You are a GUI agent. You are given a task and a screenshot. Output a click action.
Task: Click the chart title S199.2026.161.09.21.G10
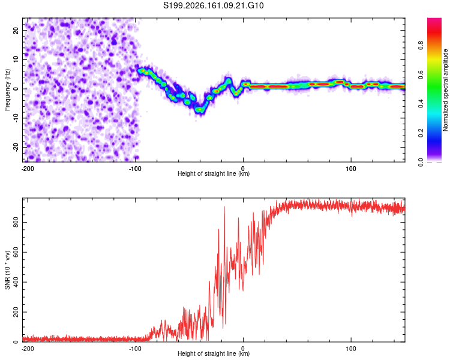click(213, 5)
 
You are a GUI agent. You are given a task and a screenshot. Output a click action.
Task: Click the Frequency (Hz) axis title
click(7, 90)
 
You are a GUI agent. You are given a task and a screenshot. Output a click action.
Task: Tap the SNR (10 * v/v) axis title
click(7, 270)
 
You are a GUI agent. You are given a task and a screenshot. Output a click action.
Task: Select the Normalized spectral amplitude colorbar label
click(445, 90)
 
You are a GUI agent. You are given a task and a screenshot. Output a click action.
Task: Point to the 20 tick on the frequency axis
click(16, 30)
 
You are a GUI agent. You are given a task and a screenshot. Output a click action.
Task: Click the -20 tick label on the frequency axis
click(16, 147)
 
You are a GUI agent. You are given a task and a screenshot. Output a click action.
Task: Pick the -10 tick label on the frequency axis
click(16, 118)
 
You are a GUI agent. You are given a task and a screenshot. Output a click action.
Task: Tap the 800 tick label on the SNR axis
click(16, 222)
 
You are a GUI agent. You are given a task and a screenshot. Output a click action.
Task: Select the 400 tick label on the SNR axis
click(16, 282)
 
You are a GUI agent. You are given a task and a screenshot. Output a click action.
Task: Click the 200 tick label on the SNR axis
click(16, 312)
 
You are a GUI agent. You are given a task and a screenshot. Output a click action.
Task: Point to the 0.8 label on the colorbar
click(421, 46)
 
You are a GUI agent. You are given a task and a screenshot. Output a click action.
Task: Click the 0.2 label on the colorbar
click(421, 133)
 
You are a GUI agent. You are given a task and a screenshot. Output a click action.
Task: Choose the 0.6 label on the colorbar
click(421, 74)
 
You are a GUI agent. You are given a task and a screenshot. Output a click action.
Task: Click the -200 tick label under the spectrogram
click(28, 169)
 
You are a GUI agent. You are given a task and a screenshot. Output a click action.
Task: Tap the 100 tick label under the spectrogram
click(351, 169)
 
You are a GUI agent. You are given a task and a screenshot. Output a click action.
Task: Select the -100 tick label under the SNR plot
click(135, 349)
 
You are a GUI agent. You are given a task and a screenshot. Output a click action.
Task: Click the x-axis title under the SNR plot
click(214, 353)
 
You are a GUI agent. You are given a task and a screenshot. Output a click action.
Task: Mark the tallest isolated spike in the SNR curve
click(224, 207)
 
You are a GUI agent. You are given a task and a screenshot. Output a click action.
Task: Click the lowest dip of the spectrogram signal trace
click(199, 110)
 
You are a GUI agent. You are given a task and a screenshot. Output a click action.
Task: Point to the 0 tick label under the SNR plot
click(243, 349)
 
